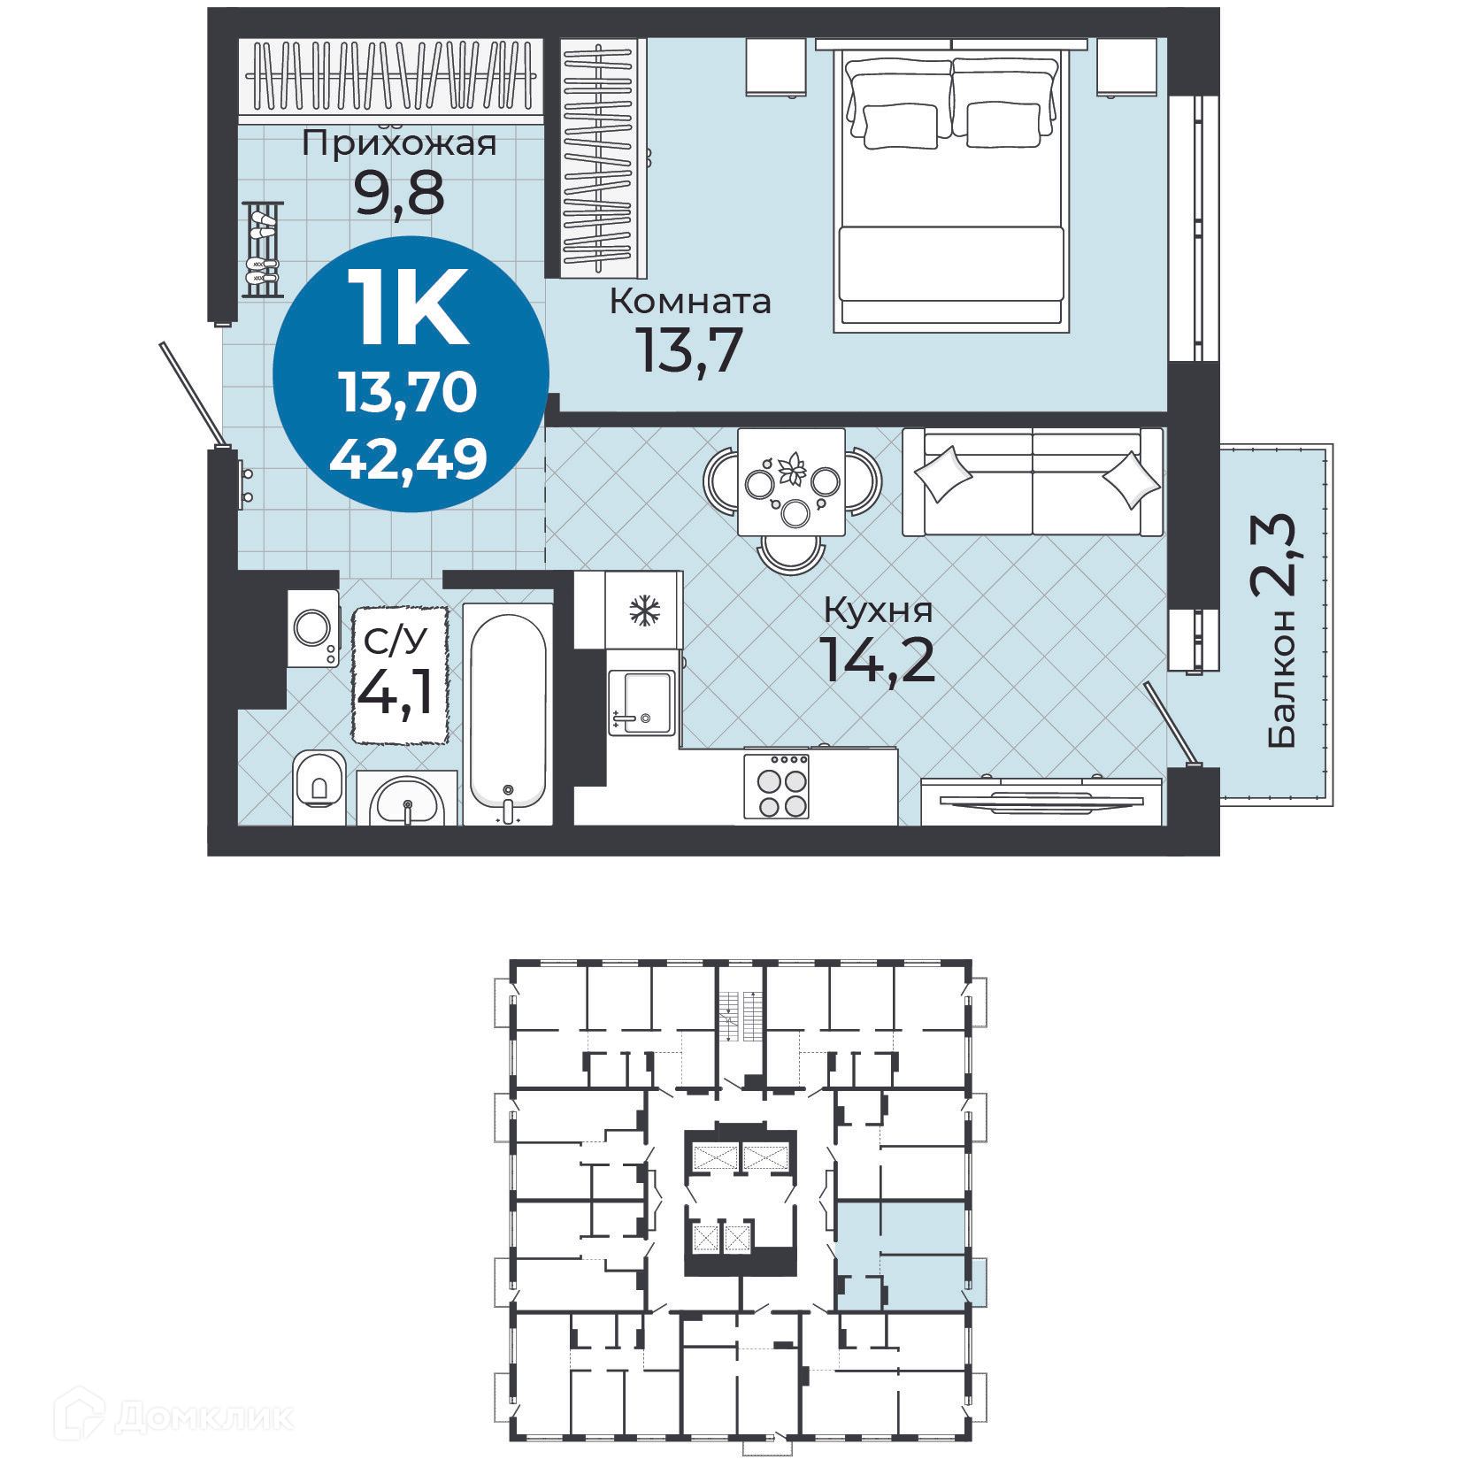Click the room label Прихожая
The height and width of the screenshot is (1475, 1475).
click(399, 142)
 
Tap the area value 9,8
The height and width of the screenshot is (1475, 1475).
click(399, 194)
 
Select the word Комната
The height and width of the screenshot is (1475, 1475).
click(690, 302)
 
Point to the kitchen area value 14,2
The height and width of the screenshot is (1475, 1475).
click(878, 660)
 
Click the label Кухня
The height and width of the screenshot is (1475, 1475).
click(878, 610)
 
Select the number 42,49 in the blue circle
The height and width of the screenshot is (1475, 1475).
click(409, 459)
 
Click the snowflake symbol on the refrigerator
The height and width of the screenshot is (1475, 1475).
click(644, 611)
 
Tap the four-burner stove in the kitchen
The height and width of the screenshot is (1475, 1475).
click(777, 786)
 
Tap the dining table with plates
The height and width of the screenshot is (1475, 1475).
click(791, 482)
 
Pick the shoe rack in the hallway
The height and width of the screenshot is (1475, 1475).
click(262, 249)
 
